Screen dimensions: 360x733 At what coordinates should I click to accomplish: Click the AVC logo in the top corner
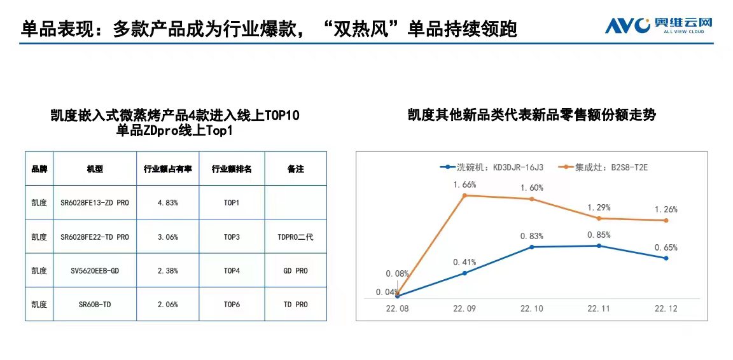click(658, 25)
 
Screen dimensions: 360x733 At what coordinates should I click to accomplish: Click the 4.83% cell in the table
click(167, 203)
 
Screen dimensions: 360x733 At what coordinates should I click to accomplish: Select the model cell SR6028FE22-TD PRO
click(94, 237)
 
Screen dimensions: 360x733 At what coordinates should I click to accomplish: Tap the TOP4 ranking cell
click(232, 271)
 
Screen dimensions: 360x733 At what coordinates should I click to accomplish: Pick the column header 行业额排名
click(232, 169)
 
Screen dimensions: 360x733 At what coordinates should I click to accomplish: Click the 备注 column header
click(295, 169)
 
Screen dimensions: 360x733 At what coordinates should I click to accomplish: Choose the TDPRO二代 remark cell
click(295, 237)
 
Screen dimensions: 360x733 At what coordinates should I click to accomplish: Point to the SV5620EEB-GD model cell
click(94, 271)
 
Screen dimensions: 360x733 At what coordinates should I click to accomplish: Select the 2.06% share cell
click(167, 305)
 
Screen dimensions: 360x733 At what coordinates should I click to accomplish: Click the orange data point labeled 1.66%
click(464, 195)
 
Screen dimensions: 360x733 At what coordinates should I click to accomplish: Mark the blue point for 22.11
click(598, 246)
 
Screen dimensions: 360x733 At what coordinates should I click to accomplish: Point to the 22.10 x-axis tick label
click(531, 308)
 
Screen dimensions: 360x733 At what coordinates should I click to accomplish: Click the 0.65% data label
click(666, 247)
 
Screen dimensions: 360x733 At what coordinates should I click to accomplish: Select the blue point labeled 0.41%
click(464, 273)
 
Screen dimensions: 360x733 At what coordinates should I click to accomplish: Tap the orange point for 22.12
click(666, 221)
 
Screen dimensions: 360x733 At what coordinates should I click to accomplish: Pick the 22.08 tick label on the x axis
click(397, 308)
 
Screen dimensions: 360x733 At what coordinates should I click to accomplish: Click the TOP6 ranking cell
click(232, 305)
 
